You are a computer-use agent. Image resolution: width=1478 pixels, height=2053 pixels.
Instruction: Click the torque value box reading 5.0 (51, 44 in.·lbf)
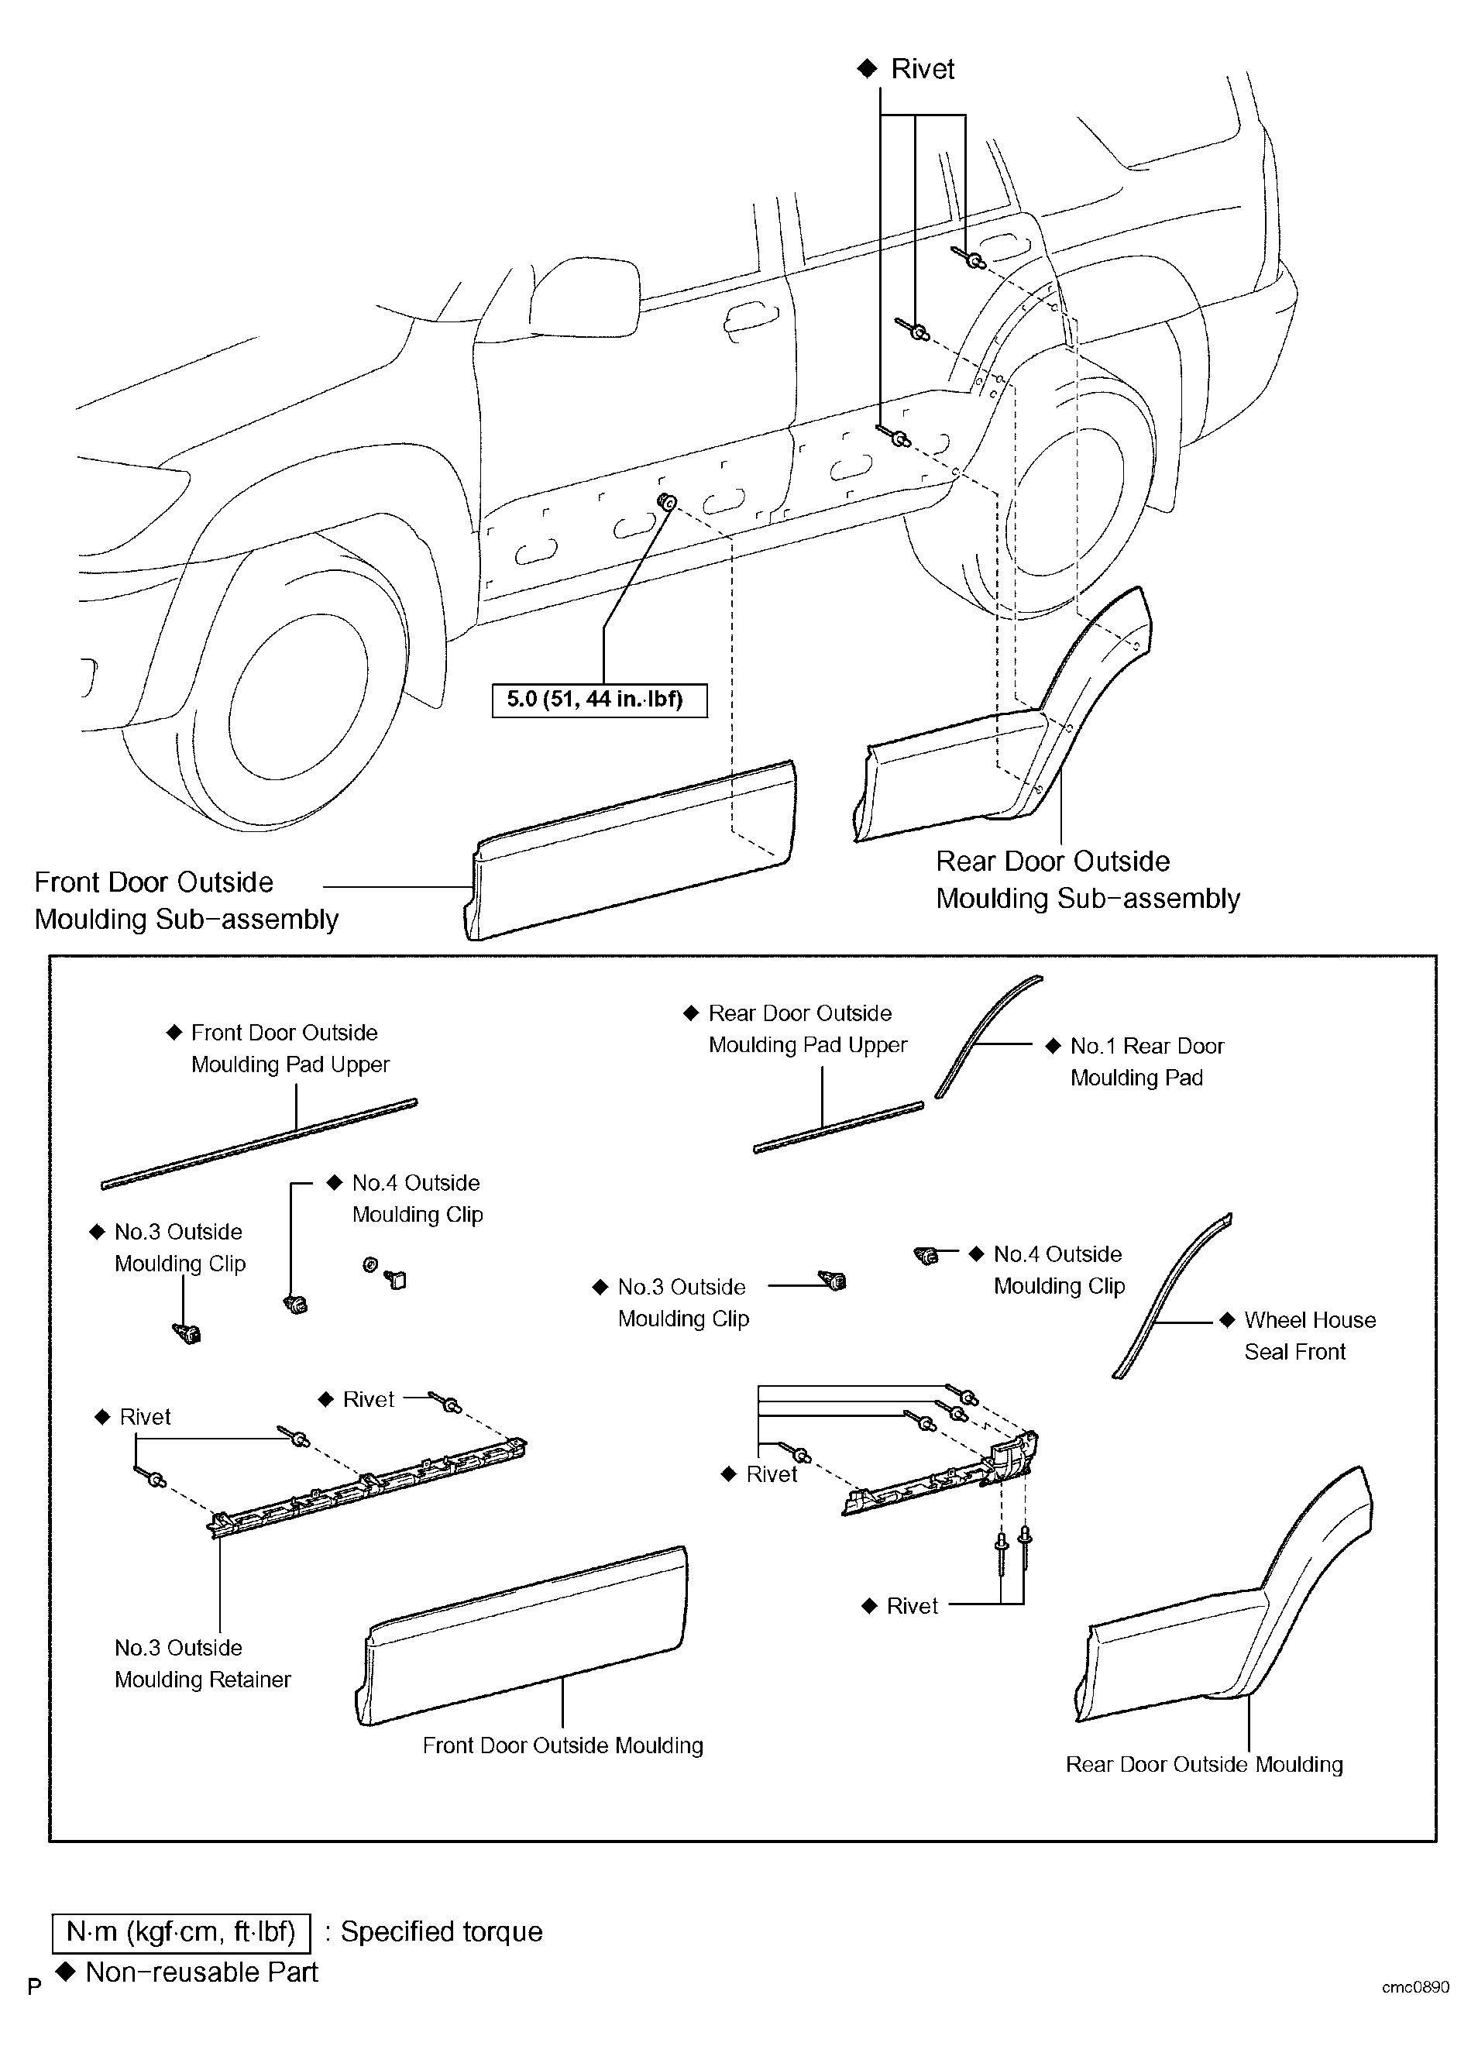(599, 700)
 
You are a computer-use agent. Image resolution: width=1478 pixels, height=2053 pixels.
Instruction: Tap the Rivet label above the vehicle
(923, 69)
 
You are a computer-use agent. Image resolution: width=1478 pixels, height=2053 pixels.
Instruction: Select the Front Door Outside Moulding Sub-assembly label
(187, 901)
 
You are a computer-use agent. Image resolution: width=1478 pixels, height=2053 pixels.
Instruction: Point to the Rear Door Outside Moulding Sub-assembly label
(1088, 880)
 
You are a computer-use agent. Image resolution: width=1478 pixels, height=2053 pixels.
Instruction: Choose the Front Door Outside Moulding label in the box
(563, 1745)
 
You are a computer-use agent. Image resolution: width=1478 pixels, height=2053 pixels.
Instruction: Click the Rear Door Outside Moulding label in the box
(1204, 1764)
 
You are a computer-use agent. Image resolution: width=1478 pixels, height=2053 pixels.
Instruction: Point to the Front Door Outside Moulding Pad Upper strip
(260, 1143)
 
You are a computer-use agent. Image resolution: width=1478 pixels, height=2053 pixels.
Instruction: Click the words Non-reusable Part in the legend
(202, 1972)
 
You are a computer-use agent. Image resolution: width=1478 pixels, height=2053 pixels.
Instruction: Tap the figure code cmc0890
(1415, 1987)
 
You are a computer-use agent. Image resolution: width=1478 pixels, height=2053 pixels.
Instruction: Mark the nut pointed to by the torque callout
(667, 501)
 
